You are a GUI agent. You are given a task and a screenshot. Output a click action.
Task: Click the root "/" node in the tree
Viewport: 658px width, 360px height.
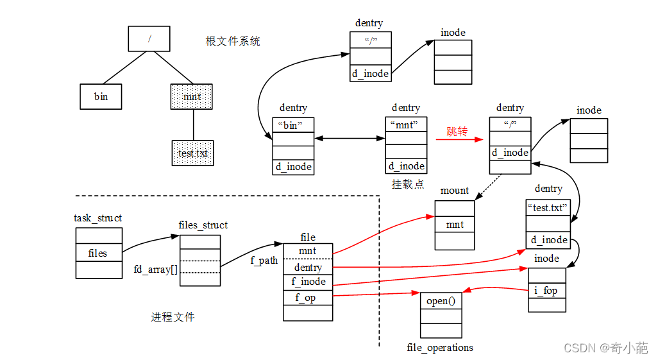point(149,39)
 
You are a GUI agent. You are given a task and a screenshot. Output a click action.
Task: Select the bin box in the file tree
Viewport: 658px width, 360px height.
point(101,97)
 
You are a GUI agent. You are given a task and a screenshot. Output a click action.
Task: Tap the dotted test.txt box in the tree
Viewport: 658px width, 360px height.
point(192,153)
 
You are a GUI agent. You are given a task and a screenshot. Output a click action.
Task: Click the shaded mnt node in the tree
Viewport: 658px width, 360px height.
point(192,97)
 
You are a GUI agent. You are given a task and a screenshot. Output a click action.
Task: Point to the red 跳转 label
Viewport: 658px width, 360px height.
point(457,132)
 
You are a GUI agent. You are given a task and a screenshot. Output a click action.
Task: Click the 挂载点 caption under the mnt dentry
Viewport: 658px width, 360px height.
point(407,184)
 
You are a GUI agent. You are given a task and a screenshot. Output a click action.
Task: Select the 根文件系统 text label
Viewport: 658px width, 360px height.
point(232,41)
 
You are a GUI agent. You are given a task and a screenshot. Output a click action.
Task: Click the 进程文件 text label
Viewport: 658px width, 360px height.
point(173,316)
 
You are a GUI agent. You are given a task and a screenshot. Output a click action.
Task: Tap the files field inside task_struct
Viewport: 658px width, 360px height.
point(98,253)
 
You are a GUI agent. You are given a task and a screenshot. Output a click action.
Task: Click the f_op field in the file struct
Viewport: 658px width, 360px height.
point(308,298)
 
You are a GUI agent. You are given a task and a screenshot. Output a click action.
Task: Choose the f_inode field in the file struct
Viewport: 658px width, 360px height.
point(308,282)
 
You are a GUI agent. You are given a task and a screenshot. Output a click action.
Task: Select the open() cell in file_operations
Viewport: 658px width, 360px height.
point(441,300)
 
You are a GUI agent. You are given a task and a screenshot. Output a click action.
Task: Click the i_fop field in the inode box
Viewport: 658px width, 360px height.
point(546,290)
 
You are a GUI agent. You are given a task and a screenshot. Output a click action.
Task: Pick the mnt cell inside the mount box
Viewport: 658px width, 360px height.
point(455,225)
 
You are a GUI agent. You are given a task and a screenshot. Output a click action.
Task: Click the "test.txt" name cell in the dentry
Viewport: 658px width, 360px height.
point(548,208)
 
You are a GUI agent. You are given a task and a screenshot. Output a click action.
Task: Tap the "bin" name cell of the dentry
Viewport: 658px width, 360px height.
point(293,125)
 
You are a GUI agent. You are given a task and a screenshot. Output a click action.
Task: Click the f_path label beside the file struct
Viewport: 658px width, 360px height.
point(264,261)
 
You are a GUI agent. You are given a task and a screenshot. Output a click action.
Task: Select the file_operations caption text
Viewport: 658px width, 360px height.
point(440,347)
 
